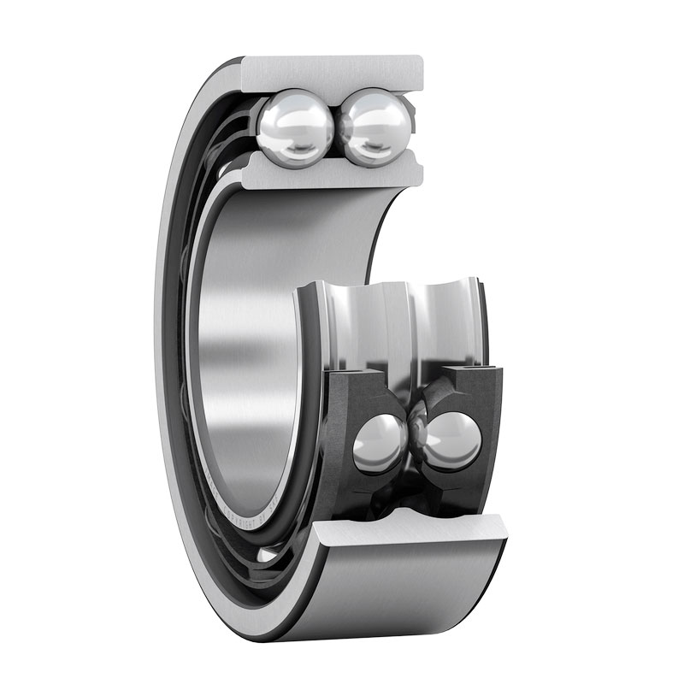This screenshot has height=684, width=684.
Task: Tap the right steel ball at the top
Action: (x=372, y=128)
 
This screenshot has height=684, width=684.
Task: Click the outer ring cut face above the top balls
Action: (x=333, y=72)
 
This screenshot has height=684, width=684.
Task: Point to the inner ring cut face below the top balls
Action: (x=333, y=175)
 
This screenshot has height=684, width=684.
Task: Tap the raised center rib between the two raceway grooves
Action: (x=402, y=325)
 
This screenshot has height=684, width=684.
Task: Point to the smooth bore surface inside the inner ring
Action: (x=248, y=342)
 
